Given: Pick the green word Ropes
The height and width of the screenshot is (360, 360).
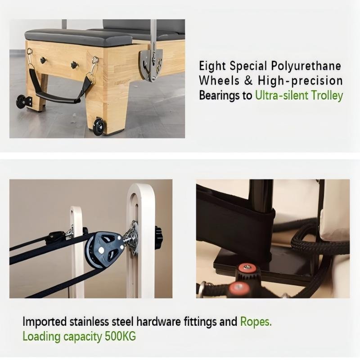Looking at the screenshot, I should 256,322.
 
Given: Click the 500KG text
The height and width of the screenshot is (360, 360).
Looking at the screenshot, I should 117,336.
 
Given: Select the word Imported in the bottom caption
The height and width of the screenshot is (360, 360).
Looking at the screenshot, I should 44,322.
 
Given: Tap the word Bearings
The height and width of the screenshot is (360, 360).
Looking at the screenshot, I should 220,95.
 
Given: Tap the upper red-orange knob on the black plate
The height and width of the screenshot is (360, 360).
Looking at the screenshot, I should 247,269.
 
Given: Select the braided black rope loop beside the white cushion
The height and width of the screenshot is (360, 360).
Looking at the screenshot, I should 315,243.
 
